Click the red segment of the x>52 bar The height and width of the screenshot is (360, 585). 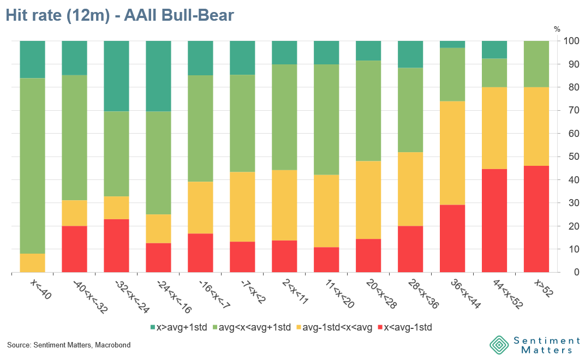[x=536, y=219]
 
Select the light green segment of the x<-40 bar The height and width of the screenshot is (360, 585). [x=33, y=166]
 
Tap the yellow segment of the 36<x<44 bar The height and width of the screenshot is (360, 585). [x=452, y=153]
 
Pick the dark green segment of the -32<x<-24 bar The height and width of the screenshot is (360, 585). [x=116, y=76]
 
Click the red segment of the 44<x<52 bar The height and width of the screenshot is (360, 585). [x=494, y=220]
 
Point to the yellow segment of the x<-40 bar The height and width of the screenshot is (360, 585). [x=33, y=263]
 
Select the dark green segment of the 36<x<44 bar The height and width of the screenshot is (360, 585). [x=452, y=44]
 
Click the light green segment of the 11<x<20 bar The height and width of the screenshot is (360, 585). [x=326, y=119]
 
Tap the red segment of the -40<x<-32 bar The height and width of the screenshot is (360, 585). [x=74, y=249]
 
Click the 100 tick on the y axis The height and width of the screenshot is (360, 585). [x=571, y=41]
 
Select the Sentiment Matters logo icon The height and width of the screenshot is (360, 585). [x=499, y=345]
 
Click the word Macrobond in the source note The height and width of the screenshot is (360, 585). [x=113, y=345]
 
